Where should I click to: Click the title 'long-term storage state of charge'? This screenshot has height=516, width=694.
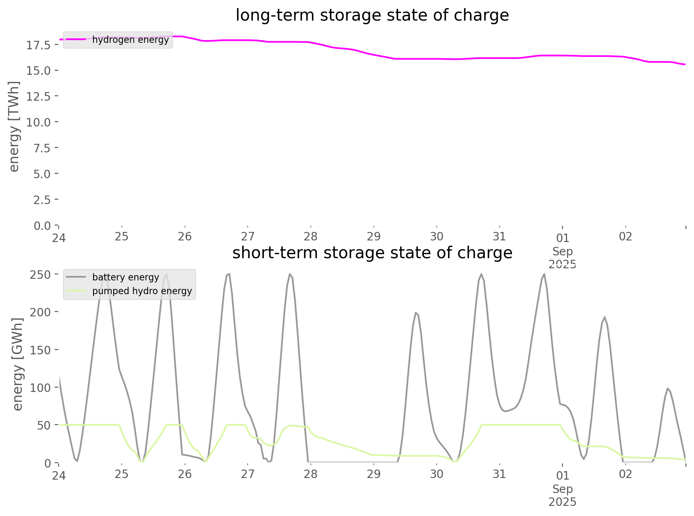coord(372,15)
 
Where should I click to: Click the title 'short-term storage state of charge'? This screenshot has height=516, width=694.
coord(372,253)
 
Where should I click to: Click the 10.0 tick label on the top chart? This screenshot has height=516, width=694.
coord(38,122)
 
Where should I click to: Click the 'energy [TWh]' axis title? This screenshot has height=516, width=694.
coord(14,126)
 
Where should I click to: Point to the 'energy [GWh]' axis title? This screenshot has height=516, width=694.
coord(18,364)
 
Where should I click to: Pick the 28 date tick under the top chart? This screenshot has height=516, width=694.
coord(311,236)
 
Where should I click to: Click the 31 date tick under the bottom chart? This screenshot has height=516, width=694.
coord(499,474)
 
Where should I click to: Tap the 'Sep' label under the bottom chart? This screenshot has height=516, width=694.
coord(562,489)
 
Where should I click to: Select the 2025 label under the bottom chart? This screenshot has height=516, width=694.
coord(562,502)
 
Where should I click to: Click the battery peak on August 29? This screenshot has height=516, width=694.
coord(416,313)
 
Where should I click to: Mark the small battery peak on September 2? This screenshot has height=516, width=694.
coord(667,388)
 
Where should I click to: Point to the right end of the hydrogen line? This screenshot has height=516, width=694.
coord(685,64)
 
